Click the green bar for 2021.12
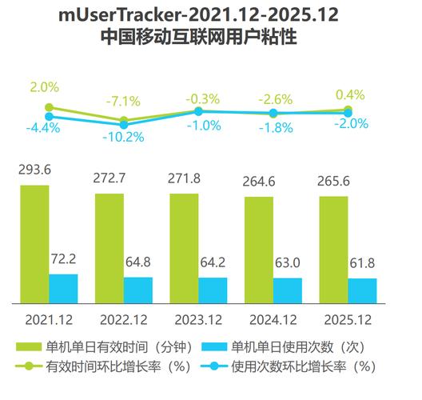(34, 244)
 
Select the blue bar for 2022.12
(137, 290)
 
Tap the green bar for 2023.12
(184, 248)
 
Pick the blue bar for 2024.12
(288, 290)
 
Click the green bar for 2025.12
(333, 250)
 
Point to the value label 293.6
(35, 171)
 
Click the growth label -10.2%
(124, 137)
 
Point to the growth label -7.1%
(124, 102)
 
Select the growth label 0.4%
(351, 94)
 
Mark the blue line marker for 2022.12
(124, 123)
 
